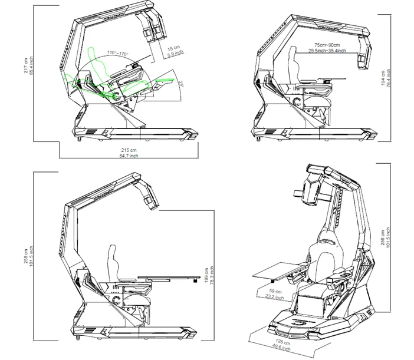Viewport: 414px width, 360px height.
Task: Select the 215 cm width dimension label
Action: (128, 151)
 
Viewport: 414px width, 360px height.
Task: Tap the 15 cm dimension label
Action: (174, 48)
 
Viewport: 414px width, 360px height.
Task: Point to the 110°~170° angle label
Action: (117, 54)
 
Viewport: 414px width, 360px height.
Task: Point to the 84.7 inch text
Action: (128, 157)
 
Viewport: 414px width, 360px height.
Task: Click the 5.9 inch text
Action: (174, 55)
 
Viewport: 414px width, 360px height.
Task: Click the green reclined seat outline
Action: (91, 74)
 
